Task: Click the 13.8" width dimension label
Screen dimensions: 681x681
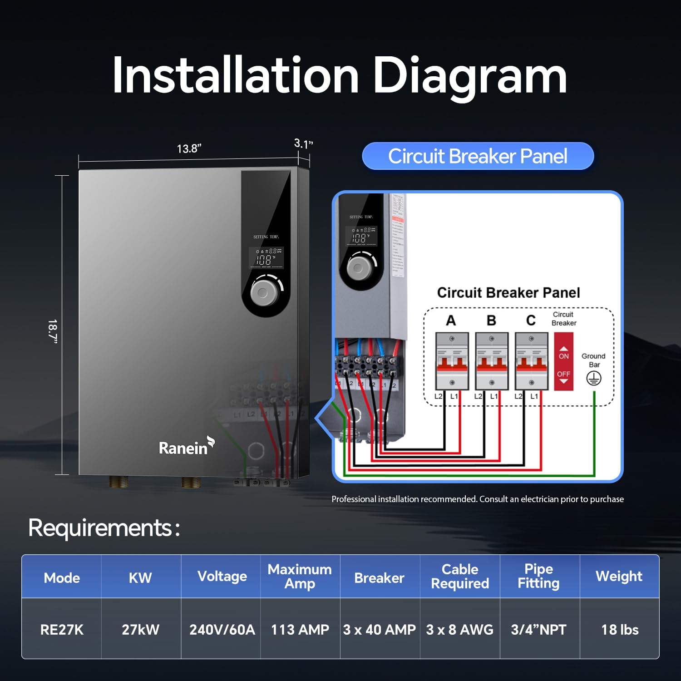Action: (189, 148)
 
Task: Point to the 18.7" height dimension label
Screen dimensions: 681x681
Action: (53, 331)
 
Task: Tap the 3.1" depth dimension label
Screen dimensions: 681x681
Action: (303, 144)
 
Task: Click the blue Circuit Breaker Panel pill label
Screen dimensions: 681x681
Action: (478, 156)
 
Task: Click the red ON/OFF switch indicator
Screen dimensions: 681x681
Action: (563, 361)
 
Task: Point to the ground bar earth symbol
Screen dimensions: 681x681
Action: (594, 378)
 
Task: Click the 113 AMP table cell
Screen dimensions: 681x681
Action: (300, 629)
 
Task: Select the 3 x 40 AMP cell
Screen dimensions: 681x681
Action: (380, 629)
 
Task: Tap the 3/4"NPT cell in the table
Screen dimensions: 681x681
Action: (539, 629)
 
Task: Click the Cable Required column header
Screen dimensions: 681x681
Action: (460, 576)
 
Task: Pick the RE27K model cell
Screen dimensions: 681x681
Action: (62, 629)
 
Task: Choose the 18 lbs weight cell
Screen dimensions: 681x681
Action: (620, 629)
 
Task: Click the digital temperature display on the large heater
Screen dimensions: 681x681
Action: (266, 257)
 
